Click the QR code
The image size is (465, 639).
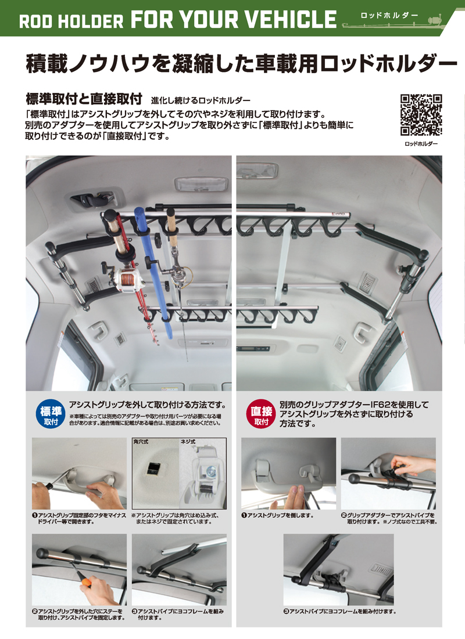[x=421, y=114]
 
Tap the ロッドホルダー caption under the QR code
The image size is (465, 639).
[x=421, y=143]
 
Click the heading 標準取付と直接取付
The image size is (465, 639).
[x=84, y=97]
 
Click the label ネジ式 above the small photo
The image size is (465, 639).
[x=187, y=442]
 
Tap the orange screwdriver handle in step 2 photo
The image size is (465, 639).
[x=88, y=581]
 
